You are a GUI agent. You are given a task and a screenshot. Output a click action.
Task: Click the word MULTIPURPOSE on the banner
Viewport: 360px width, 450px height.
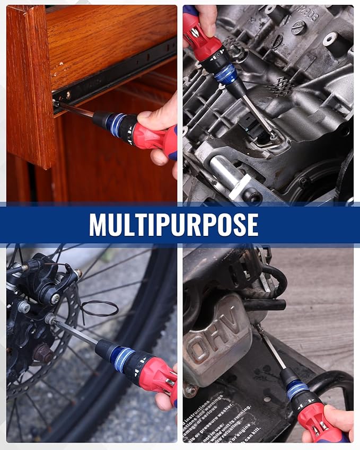(x=173, y=224)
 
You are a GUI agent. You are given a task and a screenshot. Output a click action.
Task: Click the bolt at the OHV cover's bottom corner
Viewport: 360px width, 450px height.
(x=189, y=390)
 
